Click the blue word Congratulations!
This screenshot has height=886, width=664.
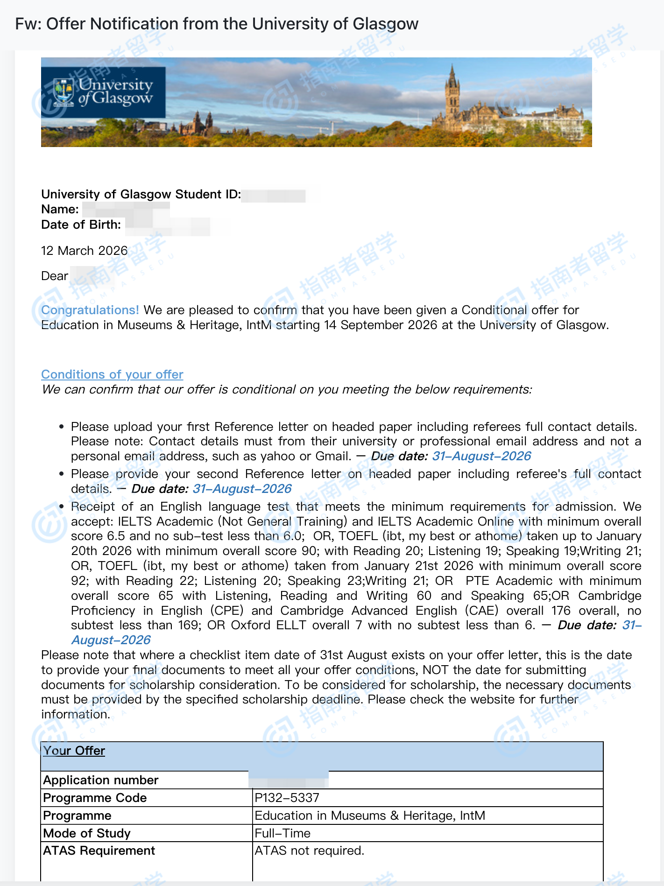90,310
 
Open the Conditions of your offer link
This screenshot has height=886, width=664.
112,374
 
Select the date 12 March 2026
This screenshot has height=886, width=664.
84,251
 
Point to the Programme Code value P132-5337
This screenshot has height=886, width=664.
287,798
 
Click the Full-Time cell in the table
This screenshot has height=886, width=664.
283,833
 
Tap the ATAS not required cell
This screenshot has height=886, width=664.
309,851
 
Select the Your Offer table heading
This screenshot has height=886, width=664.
74,751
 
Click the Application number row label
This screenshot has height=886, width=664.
101,780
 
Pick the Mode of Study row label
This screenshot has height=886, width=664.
87,833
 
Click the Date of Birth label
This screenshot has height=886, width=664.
81,225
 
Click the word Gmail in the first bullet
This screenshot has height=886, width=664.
332,456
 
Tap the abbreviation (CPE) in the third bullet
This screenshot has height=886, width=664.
226,611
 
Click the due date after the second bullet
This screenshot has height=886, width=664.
242,489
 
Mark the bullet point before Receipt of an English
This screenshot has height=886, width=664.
62,507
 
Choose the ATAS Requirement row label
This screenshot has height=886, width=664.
99,851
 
